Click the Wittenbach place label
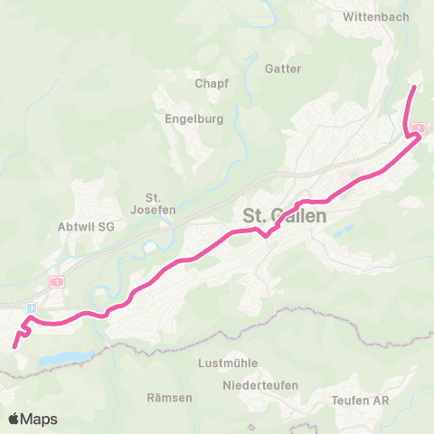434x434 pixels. [x=377, y=16]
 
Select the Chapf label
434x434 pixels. [x=212, y=83]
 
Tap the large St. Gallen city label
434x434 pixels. [x=285, y=217]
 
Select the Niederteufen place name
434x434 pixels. [x=254, y=386]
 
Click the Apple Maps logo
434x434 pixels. [x=32, y=419]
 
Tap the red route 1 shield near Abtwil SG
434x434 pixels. [x=59, y=282]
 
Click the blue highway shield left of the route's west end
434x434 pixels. [x=32, y=307]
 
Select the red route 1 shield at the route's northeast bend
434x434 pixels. [x=418, y=128]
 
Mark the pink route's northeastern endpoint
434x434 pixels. [x=415, y=88]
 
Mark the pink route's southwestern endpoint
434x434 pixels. [x=14, y=346]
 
